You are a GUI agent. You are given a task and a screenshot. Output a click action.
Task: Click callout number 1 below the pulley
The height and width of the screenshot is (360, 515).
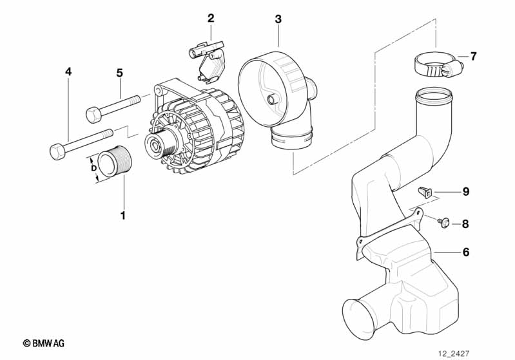(x=123, y=216)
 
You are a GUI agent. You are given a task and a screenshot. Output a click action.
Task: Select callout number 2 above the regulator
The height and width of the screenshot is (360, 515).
(x=211, y=18)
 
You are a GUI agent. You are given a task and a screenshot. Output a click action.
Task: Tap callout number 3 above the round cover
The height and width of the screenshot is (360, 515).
(x=278, y=19)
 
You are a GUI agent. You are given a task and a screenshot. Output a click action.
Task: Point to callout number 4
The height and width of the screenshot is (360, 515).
(x=68, y=71)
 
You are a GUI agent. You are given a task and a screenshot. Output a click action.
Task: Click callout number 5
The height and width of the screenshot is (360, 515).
(x=119, y=73)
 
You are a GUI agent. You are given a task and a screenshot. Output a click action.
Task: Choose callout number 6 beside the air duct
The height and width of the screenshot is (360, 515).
(x=466, y=252)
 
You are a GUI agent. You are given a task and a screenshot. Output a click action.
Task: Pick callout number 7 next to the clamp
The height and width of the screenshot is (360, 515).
(x=473, y=57)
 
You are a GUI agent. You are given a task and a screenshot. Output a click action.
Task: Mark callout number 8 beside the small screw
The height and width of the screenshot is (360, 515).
(x=465, y=224)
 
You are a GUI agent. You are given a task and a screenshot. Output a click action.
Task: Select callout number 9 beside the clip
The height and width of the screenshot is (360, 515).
(x=466, y=192)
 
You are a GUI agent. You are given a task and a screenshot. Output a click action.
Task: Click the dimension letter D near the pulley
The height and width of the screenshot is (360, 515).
(x=93, y=168)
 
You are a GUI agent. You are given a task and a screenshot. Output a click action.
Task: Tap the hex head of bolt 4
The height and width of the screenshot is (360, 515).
(x=57, y=152)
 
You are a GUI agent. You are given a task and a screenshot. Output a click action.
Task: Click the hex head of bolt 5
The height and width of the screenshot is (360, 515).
(x=93, y=115)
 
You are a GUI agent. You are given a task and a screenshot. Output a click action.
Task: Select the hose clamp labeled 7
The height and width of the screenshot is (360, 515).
(x=438, y=64)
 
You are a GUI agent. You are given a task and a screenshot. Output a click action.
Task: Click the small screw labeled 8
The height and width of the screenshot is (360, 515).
(x=443, y=222)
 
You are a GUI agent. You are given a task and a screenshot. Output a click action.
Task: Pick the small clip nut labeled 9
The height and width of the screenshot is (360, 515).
(x=425, y=193)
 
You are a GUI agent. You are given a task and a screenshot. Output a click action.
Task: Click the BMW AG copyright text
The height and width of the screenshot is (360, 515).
(x=44, y=343)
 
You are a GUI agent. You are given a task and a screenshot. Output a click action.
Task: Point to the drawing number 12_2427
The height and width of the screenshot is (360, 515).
(x=454, y=354)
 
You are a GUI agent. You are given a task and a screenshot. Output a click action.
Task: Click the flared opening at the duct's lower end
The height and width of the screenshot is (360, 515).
(x=355, y=317)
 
